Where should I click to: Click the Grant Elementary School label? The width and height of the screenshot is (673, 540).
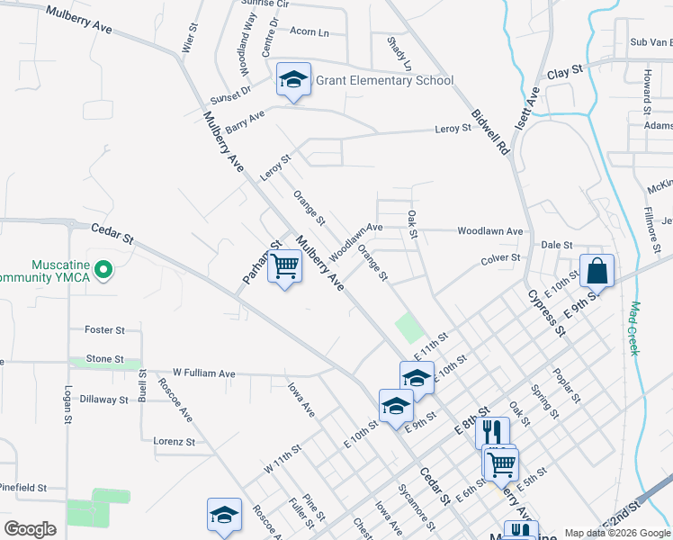(384, 80)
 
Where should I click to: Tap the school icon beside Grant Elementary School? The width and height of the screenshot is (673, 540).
(293, 80)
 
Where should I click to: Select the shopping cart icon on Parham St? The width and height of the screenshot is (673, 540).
(285, 265)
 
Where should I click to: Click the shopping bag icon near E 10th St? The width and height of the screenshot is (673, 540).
(597, 269)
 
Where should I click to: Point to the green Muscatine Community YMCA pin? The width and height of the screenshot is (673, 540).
(103, 269)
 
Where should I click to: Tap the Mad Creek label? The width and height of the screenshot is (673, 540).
(635, 328)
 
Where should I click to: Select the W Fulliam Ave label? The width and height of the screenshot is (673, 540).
(204, 373)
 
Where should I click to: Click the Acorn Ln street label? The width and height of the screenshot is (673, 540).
(310, 31)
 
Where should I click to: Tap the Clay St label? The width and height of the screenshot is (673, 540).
(566, 71)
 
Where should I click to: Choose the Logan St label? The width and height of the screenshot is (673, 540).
(68, 404)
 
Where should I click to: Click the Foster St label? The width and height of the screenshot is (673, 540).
(104, 330)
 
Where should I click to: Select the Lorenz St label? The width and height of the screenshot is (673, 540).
(174, 442)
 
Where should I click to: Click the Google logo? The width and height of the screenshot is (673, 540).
(30, 529)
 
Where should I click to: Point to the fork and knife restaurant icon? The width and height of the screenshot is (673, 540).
(492, 433)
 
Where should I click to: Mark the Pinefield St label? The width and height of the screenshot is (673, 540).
(23, 487)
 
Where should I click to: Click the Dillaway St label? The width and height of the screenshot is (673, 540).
(104, 399)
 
